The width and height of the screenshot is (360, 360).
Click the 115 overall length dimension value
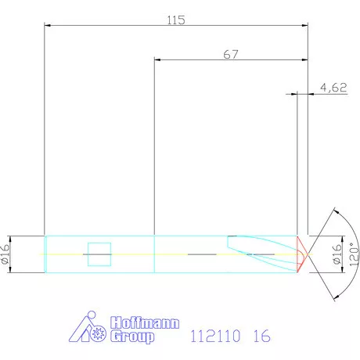click(x=176, y=20)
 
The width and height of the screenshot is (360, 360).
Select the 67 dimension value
click(x=231, y=55)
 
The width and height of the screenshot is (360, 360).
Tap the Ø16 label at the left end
click(x=6, y=254)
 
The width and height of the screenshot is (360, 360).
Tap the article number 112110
click(x=216, y=337)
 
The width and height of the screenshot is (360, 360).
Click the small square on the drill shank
click(x=99, y=254)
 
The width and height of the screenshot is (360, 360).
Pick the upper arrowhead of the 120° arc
click(x=334, y=212)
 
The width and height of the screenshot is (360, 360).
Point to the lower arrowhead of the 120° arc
click(x=334, y=297)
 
